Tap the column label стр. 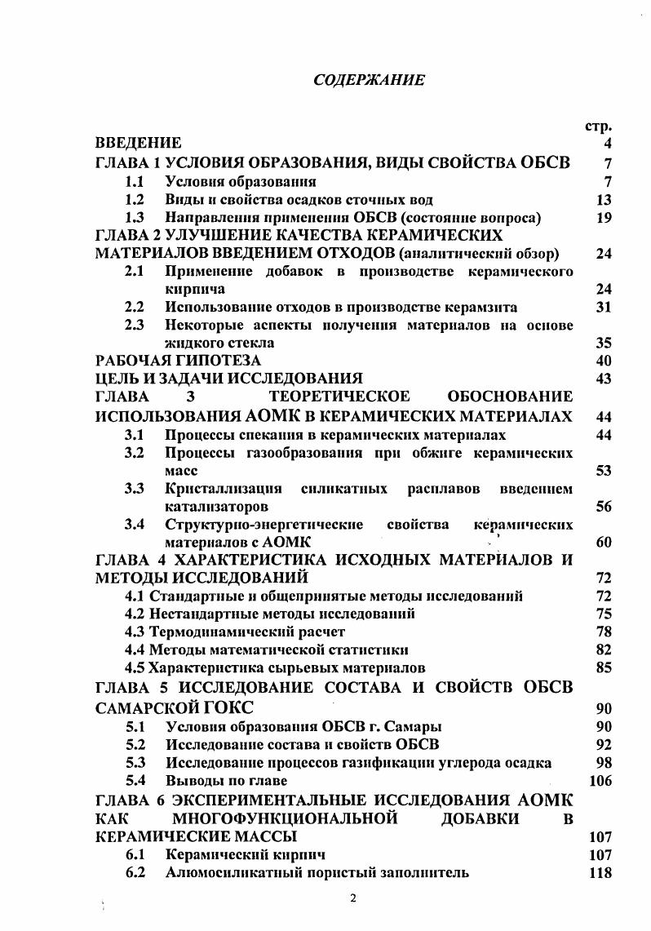tap(600, 126)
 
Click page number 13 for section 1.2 tap(604, 200)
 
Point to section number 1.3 tap(135, 218)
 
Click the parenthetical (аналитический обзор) tap(479, 254)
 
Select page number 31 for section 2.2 tap(604, 308)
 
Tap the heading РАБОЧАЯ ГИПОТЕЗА tap(178, 361)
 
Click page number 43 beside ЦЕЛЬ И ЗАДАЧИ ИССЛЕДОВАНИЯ tap(604, 379)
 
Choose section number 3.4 tap(135, 524)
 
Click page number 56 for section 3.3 tap(604, 507)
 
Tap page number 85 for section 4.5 tap(604, 668)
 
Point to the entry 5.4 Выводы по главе tap(206, 780)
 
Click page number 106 tap(600, 781)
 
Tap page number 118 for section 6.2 tap(600, 873)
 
